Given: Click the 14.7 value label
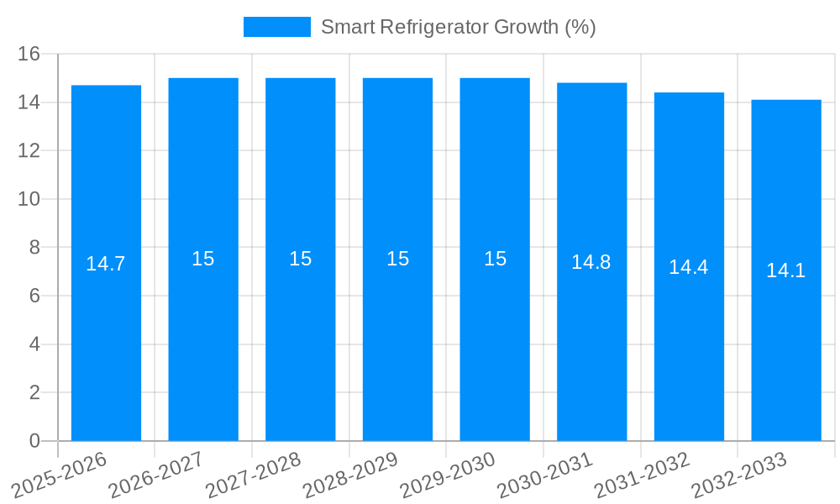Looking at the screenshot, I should (x=106, y=264).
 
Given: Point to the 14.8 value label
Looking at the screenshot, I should (x=591, y=262).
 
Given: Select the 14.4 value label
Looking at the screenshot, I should (x=689, y=267).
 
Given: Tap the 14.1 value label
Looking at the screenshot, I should (x=786, y=270).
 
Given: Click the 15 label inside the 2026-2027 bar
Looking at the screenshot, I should (x=203, y=259).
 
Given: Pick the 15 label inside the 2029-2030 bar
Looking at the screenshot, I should (x=495, y=259).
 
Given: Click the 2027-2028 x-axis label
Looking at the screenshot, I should (x=253, y=475).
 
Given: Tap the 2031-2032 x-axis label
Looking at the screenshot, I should (x=642, y=475).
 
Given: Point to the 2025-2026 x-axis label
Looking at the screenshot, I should (x=59, y=475).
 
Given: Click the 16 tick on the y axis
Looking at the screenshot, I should (x=29, y=54).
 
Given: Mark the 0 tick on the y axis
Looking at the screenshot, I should (x=34, y=441).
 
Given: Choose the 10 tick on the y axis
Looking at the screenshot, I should (x=29, y=199).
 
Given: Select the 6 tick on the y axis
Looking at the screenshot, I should (x=34, y=296).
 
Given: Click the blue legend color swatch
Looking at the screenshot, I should (x=276, y=27).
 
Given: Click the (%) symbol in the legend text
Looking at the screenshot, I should (x=580, y=27).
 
